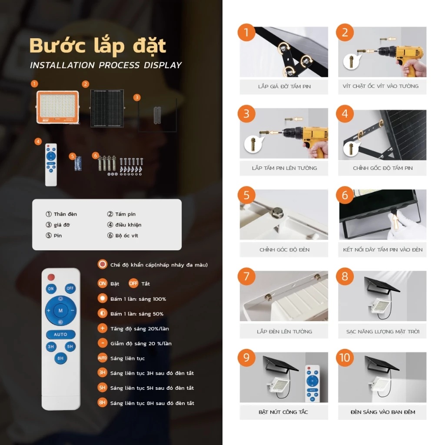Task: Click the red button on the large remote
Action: [x=51, y=277]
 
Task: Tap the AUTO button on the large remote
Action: [x=60, y=334]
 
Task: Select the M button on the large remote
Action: [x=60, y=310]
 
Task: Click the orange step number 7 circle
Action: [x=246, y=276]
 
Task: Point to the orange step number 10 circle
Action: [x=345, y=358]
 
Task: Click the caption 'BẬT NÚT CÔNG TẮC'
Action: [x=283, y=412]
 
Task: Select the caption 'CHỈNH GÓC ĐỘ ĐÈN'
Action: [x=284, y=250]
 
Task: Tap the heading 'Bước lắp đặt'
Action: [x=98, y=46]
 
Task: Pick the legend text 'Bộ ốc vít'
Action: [x=127, y=236]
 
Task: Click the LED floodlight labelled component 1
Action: [x=58, y=107]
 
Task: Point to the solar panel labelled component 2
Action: [x=107, y=108]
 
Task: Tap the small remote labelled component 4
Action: [x=51, y=165]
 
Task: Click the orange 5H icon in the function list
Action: [x=102, y=388]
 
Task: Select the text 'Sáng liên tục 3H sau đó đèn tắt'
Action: [x=152, y=373]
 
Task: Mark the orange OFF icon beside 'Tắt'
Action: [x=133, y=283]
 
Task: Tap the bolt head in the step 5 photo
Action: [x=278, y=213]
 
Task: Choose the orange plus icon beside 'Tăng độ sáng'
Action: [x=102, y=329]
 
